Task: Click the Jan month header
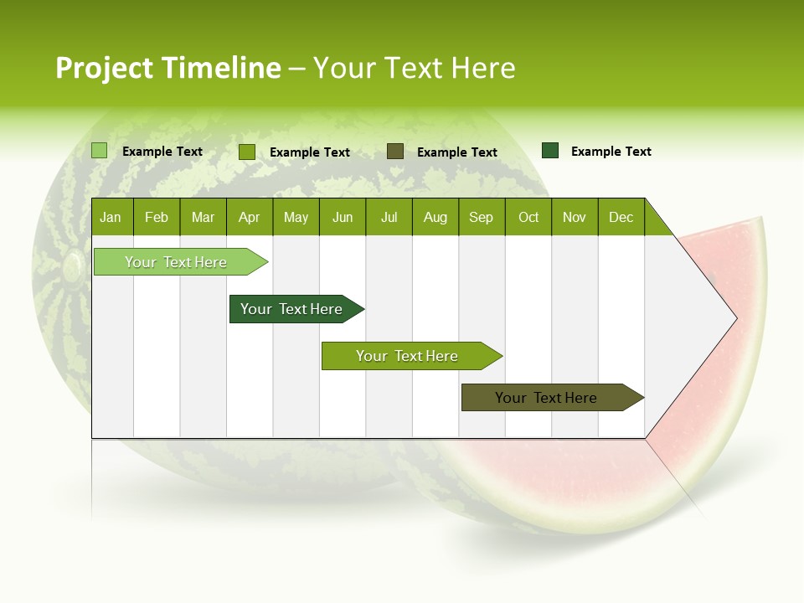[x=111, y=218]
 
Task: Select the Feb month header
[x=157, y=218]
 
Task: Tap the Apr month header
[x=249, y=218]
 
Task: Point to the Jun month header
[x=343, y=218]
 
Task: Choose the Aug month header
[x=435, y=218]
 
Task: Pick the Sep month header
[x=481, y=218]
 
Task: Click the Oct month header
[x=528, y=218]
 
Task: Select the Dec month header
[x=621, y=218]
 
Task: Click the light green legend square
[x=100, y=151]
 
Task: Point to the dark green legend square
[x=550, y=151]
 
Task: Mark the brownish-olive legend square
[x=395, y=152]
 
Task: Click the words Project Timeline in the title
[x=167, y=68]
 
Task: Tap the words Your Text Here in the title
[x=414, y=68]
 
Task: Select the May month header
[x=296, y=218]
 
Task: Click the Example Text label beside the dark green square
[x=611, y=152]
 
